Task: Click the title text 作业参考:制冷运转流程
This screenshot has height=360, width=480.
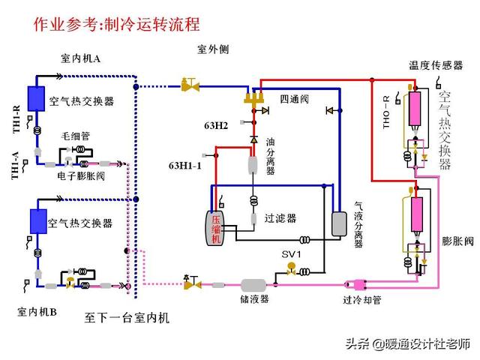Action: pos(116,24)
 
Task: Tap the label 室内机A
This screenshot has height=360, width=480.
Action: pos(85,58)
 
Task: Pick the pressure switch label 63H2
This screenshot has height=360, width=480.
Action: pos(216,124)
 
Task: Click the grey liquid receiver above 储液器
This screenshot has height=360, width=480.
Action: pos(254,285)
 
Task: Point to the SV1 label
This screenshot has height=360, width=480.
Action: pos(291,254)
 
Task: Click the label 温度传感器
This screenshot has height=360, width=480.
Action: pos(435,66)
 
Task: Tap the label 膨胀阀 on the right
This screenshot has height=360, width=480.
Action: pos(457,241)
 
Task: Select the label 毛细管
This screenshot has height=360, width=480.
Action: pos(76,136)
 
